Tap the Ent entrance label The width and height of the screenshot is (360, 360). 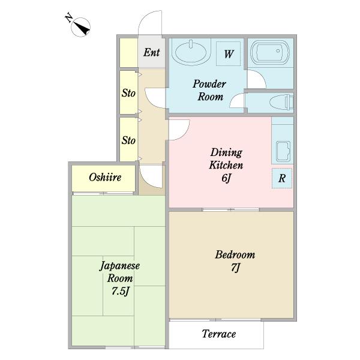(152, 52)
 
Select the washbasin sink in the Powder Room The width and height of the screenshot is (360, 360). (191, 52)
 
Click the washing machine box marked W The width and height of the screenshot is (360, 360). (229, 54)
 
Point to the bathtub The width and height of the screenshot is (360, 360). (271, 51)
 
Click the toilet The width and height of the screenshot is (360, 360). (282, 101)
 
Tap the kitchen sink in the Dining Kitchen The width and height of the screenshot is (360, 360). (283, 152)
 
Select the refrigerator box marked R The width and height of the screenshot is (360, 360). (282, 178)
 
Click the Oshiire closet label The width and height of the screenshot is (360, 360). (105, 177)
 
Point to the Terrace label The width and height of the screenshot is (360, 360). (219, 334)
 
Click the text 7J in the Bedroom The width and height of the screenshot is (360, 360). (235, 268)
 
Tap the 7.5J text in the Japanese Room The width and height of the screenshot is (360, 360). (121, 291)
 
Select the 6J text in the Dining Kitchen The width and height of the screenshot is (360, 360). (226, 178)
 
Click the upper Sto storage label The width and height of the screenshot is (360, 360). (128, 93)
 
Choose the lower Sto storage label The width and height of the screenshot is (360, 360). (128, 140)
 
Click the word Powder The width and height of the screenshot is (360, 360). (209, 84)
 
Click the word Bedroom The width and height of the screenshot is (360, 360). (235, 254)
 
